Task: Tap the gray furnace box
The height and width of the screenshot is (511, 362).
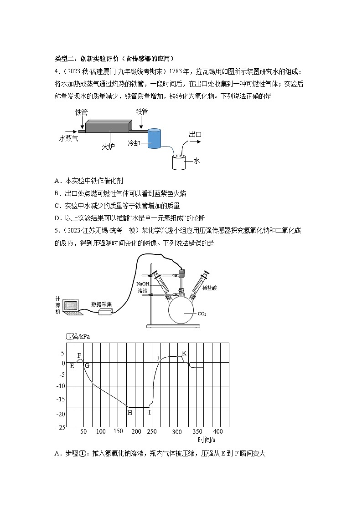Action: [108, 128]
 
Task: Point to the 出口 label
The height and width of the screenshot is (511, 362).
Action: [195, 134]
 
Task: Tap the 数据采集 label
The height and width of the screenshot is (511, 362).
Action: [100, 304]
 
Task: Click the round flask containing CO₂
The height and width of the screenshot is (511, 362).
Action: [185, 313]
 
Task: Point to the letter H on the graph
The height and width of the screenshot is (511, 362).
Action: [129, 412]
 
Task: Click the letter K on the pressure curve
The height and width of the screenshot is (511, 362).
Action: [184, 353]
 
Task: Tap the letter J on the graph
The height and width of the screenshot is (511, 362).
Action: [158, 358]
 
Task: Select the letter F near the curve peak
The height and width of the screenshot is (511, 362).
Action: [79, 355]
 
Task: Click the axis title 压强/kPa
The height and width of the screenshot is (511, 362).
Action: [78, 337]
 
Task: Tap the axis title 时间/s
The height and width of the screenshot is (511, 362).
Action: [207, 440]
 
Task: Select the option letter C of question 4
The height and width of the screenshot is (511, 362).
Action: [57, 205]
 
